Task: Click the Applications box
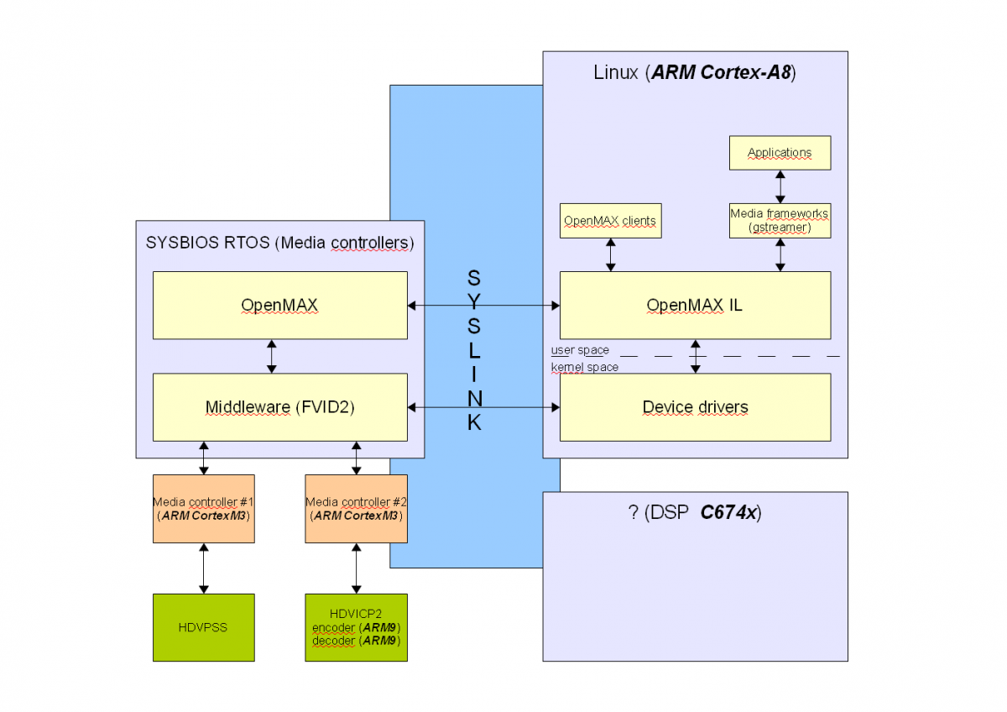point(780,153)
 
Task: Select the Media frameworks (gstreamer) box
point(780,220)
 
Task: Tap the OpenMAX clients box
point(610,220)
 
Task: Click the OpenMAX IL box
point(695,305)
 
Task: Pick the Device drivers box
point(695,407)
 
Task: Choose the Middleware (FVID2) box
point(279,407)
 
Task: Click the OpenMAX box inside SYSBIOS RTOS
point(279,305)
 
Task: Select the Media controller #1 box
point(203,509)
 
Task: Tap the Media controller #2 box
point(356,509)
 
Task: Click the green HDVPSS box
point(203,627)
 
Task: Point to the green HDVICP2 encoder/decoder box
point(356,627)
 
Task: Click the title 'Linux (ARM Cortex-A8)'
point(694,72)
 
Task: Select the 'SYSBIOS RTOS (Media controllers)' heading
point(279,243)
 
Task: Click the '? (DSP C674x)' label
point(694,513)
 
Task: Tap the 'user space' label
point(580,350)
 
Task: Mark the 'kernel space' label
point(585,367)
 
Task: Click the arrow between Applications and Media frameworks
point(780,186)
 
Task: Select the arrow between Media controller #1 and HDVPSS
point(203,568)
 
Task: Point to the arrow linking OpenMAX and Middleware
point(271,356)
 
